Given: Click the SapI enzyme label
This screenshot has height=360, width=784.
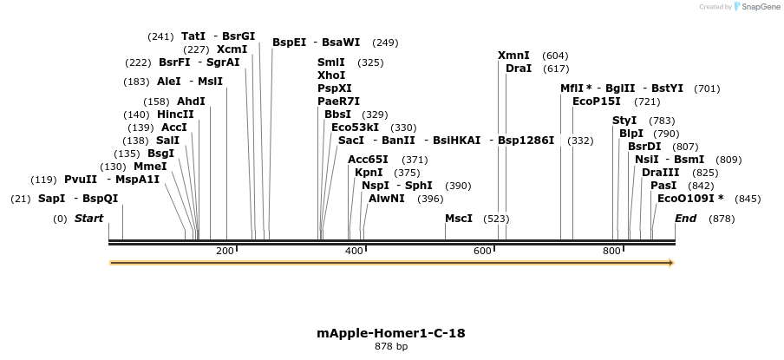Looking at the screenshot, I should [x=50, y=199].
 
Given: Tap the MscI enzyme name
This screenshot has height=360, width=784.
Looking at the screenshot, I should [x=459, y=218].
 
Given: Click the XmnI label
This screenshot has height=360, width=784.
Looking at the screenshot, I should [x=513, y=56].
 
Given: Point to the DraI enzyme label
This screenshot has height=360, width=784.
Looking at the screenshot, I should [x=519, y=69].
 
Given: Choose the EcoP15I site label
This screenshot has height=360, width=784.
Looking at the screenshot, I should [x=597, y=101].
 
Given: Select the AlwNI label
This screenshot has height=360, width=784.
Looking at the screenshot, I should [x=387, y=199].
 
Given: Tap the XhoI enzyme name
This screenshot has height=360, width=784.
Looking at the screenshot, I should [x=331, y=75].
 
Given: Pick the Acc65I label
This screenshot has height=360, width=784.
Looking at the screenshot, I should [x=368, y=160].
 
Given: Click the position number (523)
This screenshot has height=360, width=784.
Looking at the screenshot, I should [x=496, y=219].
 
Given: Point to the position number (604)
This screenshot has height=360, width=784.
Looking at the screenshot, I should [x=555, y=56].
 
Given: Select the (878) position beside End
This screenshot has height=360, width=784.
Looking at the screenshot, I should [x=722, y=219].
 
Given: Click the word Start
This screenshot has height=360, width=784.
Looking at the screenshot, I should [x=88, y=219].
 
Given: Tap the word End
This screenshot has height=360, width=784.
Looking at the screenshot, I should [x=685, y=219].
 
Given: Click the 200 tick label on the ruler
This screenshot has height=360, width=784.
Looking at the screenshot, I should [x=225, y=251].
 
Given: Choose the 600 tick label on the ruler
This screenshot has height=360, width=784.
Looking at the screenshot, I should [x=482, y=251].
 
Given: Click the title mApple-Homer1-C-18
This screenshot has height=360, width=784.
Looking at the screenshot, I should [x=391, y=333].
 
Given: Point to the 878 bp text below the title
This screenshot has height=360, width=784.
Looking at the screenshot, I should [x=391, y=347].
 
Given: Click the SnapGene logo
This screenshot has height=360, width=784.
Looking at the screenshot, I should [x=755, y=7].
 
